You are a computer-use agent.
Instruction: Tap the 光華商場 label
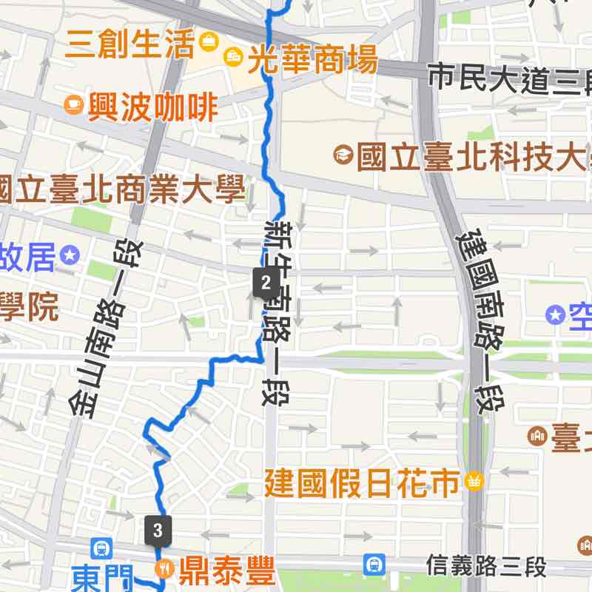pyautogui.click(x=312, y=60)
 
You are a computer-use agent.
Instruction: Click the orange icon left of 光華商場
pyautogui.click(x=232, y=55)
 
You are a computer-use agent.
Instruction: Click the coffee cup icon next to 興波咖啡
pyautogui.click(x=74, y=104)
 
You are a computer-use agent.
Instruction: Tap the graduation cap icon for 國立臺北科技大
pyautogui.click(x=343, y=155)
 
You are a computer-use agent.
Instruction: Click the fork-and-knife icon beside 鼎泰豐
pyautogui.click(x=163, y=568)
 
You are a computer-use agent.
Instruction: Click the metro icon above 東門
pyautogui.click(x=101, y=549)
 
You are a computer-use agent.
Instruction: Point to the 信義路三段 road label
pyautogui.click(x=486, y=567)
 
